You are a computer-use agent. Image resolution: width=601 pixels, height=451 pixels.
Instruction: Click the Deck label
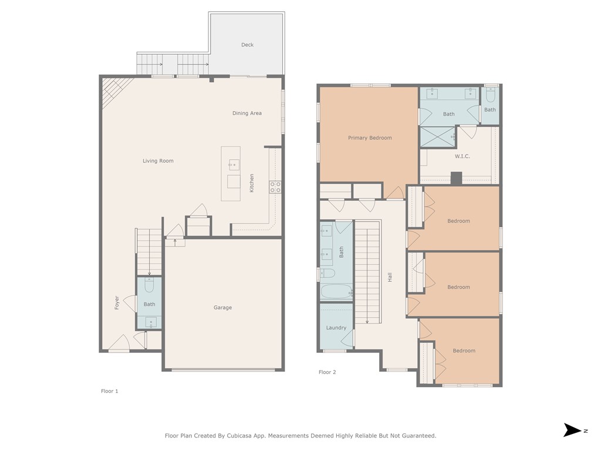(x=247, y=45)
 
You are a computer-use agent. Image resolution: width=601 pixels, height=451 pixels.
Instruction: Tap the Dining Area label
(x=247, y=113)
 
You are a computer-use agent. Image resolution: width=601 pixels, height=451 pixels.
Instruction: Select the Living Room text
(x=158, y=161)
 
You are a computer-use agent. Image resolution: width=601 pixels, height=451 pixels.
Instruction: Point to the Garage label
(x=222, y=308)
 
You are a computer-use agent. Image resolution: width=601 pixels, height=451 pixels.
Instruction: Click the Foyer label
(x=117, y=302)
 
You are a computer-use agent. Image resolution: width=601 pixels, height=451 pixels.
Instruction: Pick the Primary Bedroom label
(x=370, y=138)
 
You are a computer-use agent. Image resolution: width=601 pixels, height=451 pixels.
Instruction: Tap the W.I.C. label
(x=462, y=156)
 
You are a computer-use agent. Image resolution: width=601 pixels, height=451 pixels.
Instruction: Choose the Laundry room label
(x=336, y=328)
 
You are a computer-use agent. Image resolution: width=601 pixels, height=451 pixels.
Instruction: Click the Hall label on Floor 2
(x=390, y=277)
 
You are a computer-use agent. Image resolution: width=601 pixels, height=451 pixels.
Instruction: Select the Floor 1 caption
(x=110, y=391)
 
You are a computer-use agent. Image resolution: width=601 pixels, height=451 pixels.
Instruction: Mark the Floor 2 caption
(x=327, y=372)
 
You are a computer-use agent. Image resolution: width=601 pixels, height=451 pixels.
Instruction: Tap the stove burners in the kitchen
(x=275, y=187)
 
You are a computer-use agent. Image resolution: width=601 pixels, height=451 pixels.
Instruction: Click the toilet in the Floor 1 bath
(x=149, y=285)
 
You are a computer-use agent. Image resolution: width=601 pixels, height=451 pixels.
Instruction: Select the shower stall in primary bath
(x=438, y=137)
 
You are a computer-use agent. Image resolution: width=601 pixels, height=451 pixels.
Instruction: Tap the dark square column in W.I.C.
(x=456, y=179)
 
